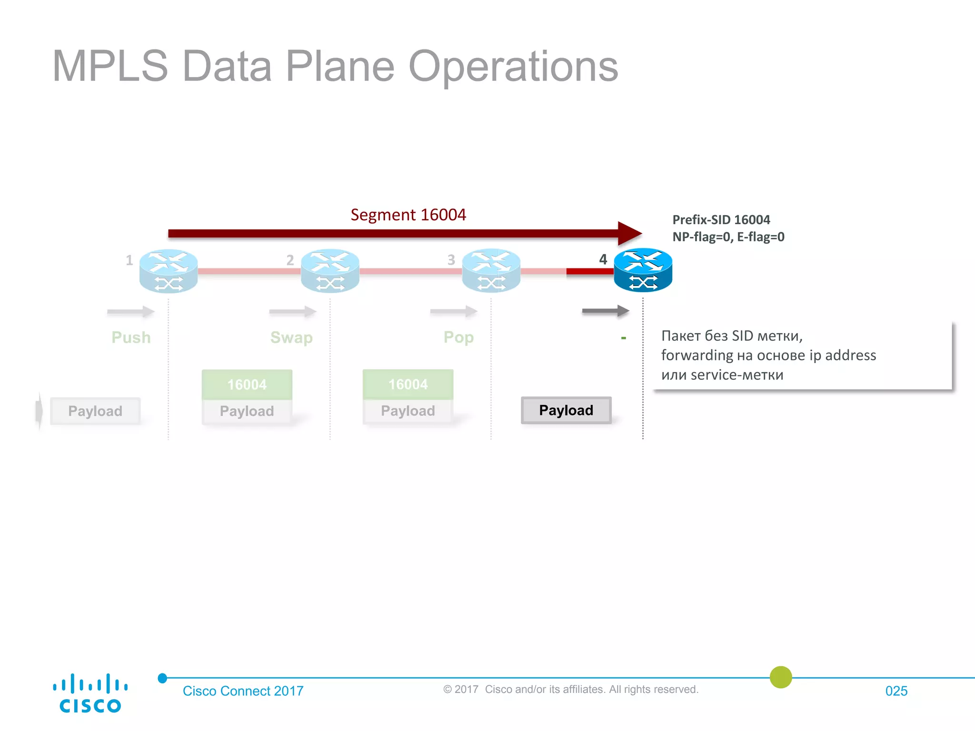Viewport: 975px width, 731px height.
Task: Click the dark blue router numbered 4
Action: click(643, 270)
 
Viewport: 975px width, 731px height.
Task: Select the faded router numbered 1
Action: click(168, 271)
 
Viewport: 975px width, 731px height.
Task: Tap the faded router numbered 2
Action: click(330, 271)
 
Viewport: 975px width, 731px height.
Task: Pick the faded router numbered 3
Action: click(491, 270)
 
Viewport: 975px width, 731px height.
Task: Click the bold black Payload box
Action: click(566, 410)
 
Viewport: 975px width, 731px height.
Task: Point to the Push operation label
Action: click(131, 337)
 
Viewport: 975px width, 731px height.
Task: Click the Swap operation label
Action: click(291, 337)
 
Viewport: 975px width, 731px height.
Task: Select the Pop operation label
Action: click(458, 337)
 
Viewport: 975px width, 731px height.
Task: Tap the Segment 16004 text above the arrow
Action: click(408, 215)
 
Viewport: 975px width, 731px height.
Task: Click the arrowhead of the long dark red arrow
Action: click(629, 233)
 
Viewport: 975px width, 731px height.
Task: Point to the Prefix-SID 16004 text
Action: click(721, 220)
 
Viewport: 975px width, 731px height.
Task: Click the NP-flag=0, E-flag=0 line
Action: click(728, 237)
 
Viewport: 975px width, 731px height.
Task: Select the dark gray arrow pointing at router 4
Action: click(605, 311)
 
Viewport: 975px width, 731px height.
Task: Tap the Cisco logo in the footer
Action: click(90, 693)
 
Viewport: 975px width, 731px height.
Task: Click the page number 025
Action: click(896, 691)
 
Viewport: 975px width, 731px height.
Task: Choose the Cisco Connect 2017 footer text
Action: click(243, 691)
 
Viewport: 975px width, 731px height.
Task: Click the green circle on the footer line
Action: click(781, 677)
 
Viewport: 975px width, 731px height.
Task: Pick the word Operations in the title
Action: click(513, 66)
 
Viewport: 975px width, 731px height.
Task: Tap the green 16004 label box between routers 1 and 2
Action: click(247, 385)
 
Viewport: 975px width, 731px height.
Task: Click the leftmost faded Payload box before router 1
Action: click(95, 411)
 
